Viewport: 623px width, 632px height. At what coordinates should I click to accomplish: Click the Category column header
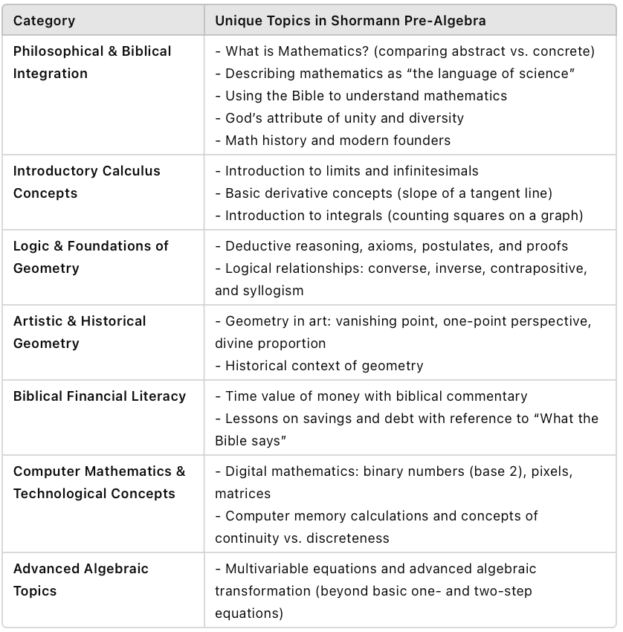click(44, 20)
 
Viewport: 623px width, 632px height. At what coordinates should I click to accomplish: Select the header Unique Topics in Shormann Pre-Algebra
click(350, 20)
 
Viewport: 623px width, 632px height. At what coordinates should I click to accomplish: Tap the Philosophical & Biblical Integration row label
click(92, 62)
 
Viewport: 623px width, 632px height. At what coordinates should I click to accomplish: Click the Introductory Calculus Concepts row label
click(86, 182)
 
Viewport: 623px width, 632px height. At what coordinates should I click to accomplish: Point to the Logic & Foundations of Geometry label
click(91, 257)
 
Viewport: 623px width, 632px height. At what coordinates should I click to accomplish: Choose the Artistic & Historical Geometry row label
click(80, 332)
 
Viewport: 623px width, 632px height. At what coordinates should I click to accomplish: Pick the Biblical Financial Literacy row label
click(100, 396)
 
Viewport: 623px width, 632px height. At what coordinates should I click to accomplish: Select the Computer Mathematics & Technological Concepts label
click(99, 483)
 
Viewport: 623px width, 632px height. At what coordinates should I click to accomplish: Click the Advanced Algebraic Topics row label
click(81, 580)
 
